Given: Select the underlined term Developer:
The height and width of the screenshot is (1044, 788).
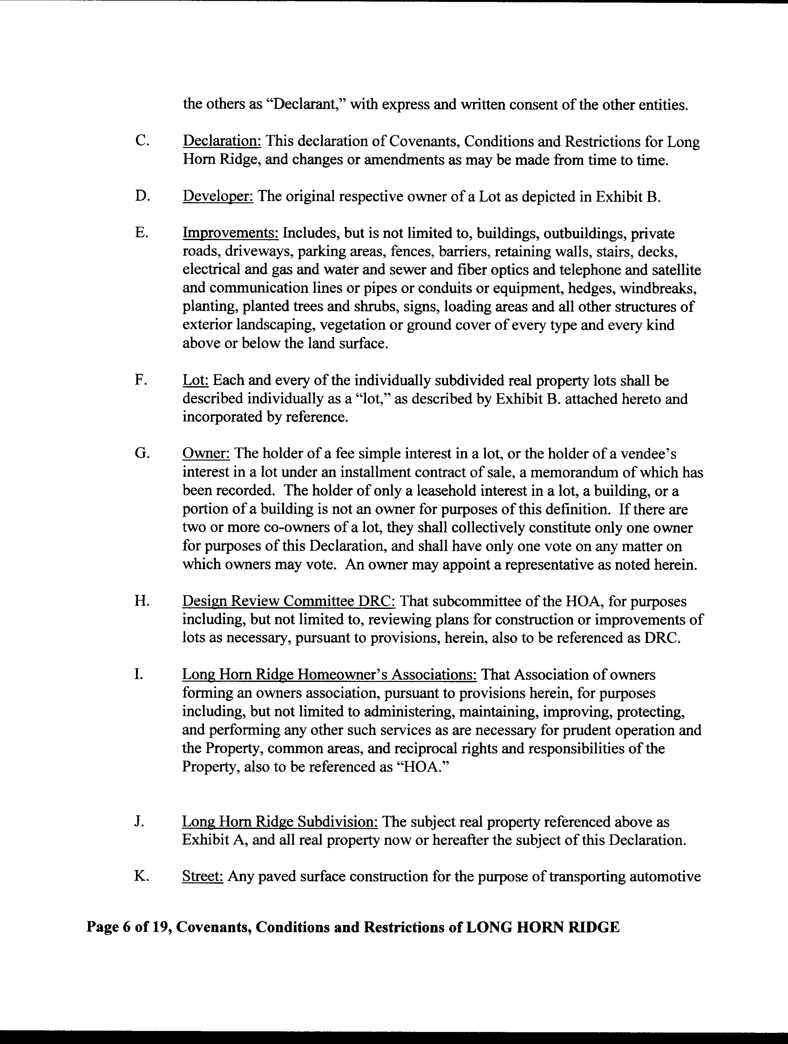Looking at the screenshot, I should (218, 196).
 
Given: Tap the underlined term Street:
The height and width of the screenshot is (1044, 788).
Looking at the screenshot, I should (202, 876).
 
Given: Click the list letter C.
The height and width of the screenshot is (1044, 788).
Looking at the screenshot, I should (140, 141).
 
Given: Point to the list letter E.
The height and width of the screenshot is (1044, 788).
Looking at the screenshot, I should (140, 233).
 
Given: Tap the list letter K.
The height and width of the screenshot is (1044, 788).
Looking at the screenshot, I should (141, 876).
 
